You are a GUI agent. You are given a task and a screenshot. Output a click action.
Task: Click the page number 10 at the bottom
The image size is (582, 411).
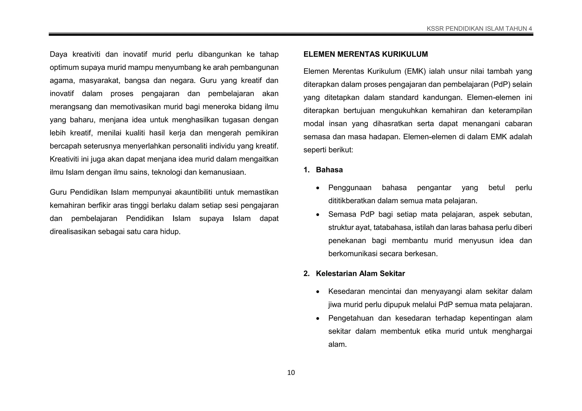[x=291, y=373]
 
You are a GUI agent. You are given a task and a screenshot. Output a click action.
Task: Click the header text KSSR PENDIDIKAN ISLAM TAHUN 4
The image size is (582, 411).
[x=479, y=29]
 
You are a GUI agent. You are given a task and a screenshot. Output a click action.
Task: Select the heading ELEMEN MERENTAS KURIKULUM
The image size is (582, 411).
[x=365, y=54]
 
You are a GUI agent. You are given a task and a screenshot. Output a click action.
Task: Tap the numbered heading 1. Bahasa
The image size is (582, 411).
[x=323, y=170]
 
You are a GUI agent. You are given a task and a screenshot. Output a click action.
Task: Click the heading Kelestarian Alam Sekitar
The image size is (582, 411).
[x=360, y=273]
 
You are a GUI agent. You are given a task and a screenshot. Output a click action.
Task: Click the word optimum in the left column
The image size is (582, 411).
[x=64, y=68]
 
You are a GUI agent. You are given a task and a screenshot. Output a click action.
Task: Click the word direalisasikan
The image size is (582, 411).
[x=73, y=232]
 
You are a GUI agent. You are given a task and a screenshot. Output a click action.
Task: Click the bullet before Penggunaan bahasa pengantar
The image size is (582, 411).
[x=318, y=188]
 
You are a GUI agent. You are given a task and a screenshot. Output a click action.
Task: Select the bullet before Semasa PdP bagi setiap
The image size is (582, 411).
[x=318, y=215]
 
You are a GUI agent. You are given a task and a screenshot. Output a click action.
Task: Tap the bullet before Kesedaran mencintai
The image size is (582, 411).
[x=318, y=292]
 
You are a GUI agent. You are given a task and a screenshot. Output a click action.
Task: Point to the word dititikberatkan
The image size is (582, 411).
[x=352, y=201]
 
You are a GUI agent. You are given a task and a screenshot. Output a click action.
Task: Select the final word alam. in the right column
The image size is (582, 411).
[x=337, y=344]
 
